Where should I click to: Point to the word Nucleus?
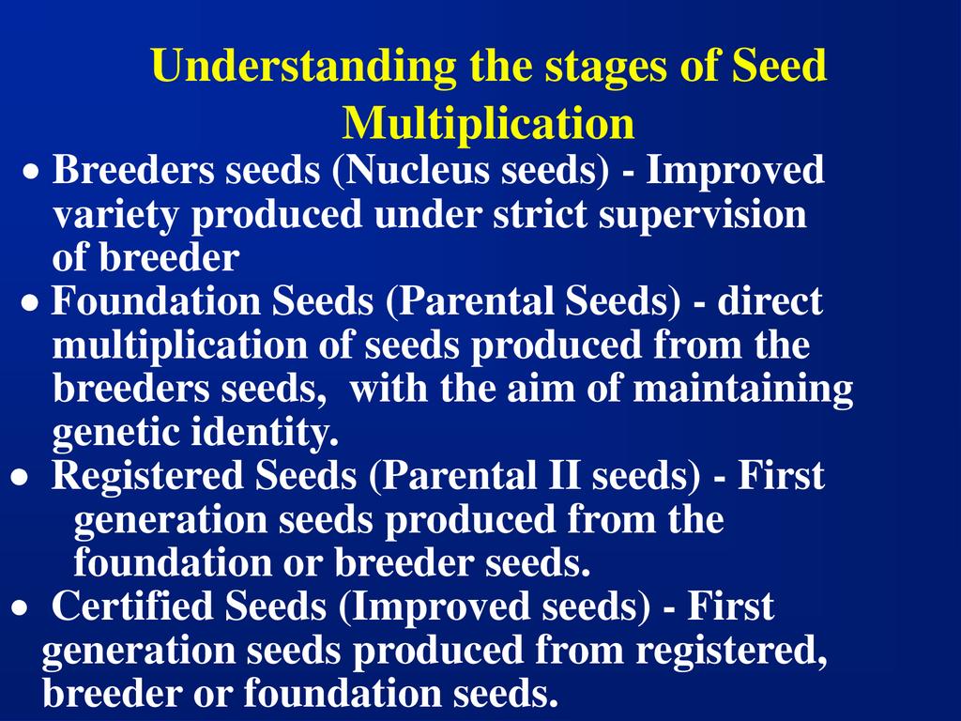[x=416, y=169]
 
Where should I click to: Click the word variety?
[x=115, y=216]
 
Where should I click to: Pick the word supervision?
[x=702, y=216]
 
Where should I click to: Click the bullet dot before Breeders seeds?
[x=32, y=173]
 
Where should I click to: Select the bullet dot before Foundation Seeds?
[x=29, y=302]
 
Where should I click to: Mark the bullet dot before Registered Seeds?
[x=20, y=477]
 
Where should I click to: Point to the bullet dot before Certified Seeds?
[x=20, y=607]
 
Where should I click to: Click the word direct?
[x=770, y=301]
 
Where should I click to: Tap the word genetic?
[x=115, y=433]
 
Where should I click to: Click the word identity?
[x=265, y=432]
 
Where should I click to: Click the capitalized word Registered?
[x=147, y=477]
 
